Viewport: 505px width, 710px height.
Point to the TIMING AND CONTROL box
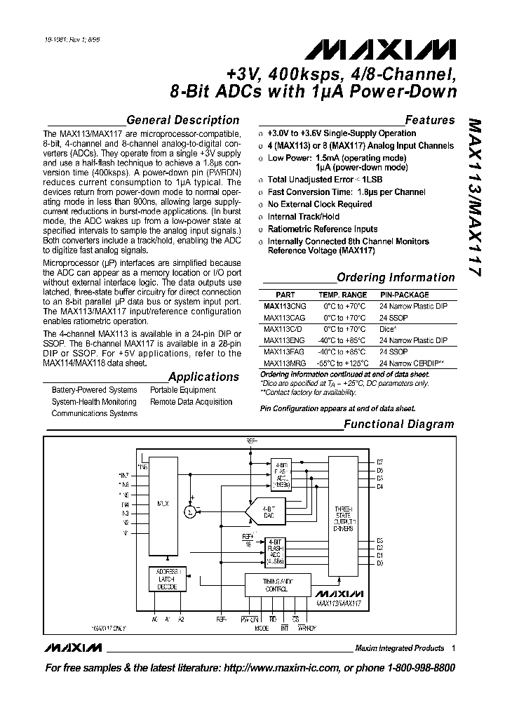[278, 586]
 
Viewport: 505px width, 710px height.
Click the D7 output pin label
[379, 461]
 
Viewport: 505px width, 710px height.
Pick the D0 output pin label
[379, 563]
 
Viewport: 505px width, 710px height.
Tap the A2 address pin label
[182, 619]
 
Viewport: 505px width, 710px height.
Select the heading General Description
[182, 120]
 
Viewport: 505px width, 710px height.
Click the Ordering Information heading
[396, 277]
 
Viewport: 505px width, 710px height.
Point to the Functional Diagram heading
[398, 424]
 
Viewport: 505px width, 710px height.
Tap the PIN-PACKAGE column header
[404, 295]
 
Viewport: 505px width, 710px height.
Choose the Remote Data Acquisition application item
[191, 402]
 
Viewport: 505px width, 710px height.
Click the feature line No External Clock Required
[320, 204]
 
